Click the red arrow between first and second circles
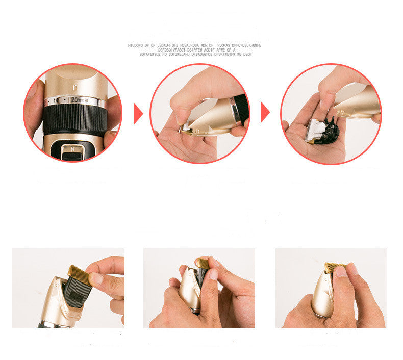pos(137,113)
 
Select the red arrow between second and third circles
pos(264,112)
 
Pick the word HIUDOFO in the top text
pos(136,45)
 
